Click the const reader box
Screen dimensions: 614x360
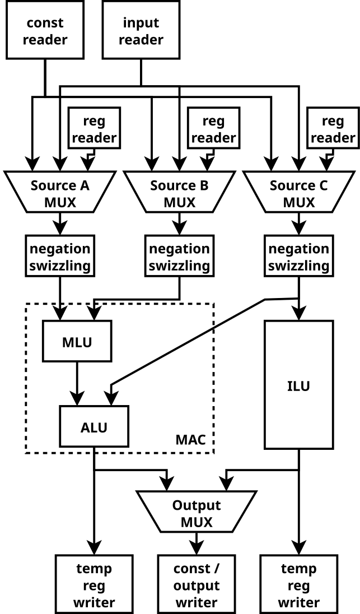click(x=44, y=31)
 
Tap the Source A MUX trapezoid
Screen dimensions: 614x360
click(x=60, y=193)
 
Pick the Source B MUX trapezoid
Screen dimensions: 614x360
click(x=179, y=193)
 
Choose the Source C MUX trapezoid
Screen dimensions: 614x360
click(x=298, y=193)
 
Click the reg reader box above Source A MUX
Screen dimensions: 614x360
click(x=93, y=128)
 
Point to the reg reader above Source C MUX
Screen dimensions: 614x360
click(x=331, y=128)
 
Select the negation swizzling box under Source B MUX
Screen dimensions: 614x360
click(x=179, y=257)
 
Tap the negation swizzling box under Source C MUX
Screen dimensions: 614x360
click(x=298, y=257)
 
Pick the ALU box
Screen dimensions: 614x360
click(x=94, y=427)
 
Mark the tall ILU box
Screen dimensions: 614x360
click(x=298, y=385)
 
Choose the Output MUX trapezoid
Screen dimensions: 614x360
click(x=197, y=513)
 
